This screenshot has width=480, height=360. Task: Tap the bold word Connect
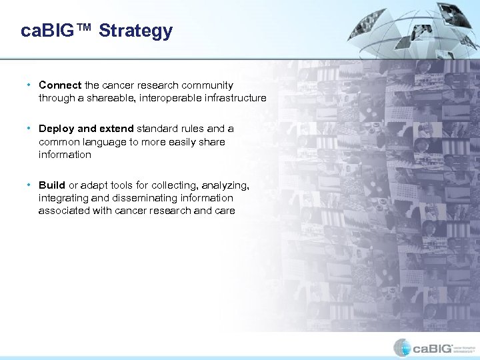click(x=60, y=85)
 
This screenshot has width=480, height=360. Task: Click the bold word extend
click(x=116, y=129)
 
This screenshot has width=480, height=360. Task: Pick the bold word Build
click(x=52, y=185)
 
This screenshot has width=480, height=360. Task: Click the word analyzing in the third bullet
click(x=225, y=185)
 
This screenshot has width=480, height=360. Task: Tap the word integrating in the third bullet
click(x=61, y=198)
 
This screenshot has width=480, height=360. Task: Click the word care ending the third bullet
click(x=225, y=211)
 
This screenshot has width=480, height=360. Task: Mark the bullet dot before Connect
click(x=29, y=85)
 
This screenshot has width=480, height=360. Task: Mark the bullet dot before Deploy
click(x=29, y=129)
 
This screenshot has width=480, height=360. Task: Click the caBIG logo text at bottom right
click(x=432, y=348)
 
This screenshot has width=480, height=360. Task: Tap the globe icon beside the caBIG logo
click(x=402, y=347)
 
